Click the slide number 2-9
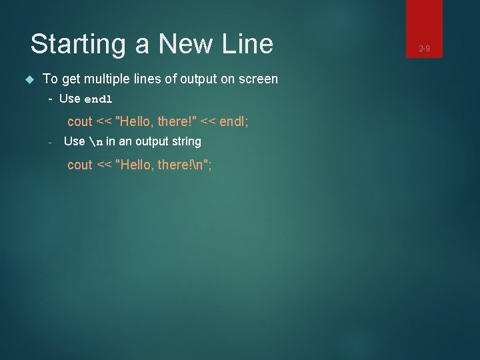coord(424,48)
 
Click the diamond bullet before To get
coord(29,79)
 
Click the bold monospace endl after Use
coord(98,99)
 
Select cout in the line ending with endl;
coord(80,121)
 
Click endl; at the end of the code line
coord(233,121)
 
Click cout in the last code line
coord(80,165)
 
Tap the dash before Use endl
coord(51,99)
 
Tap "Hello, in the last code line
coord(135,165)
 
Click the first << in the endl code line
coord(104,121)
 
